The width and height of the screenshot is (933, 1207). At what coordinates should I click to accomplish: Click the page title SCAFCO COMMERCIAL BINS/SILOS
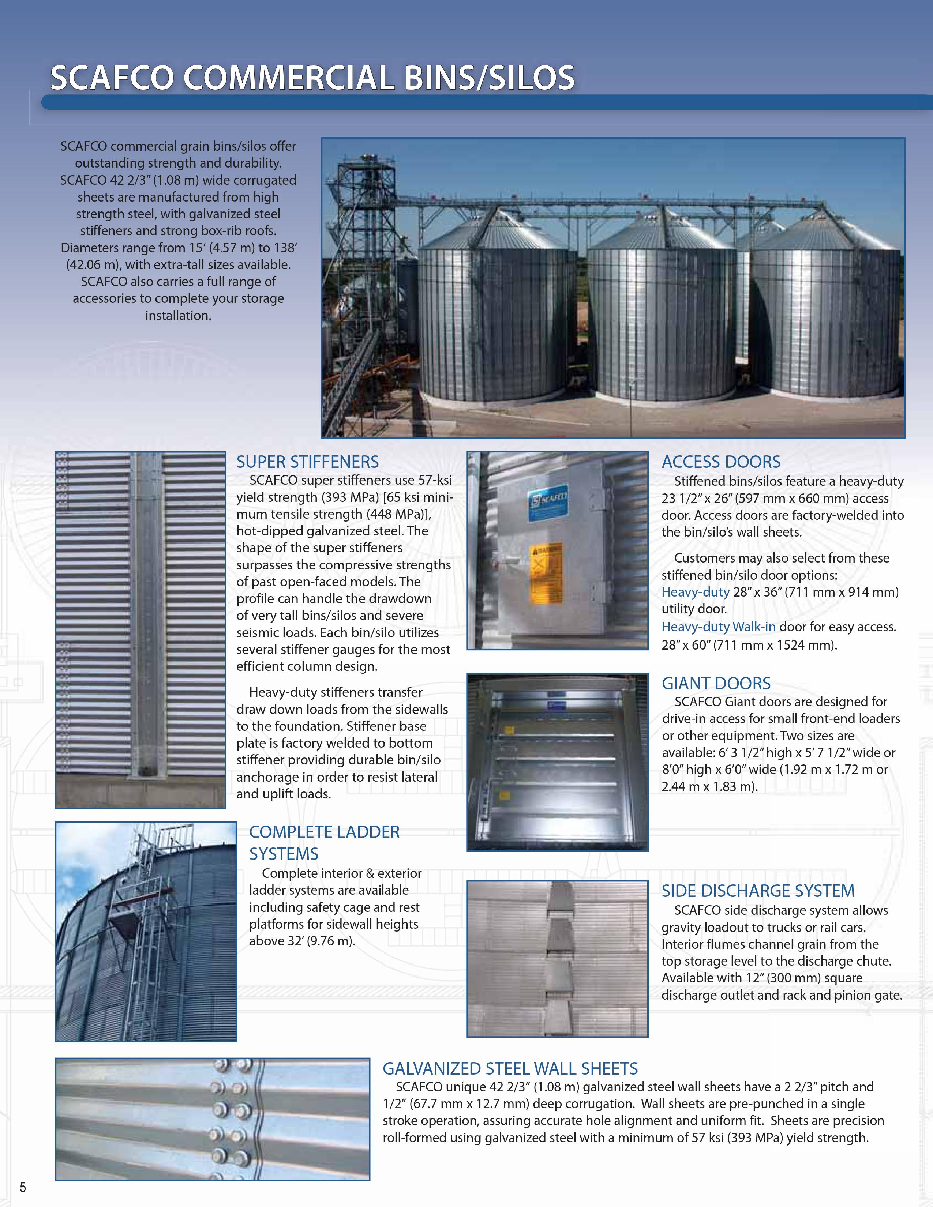click(312, 78)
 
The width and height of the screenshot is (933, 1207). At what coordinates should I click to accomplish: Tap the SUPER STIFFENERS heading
click(307, 462)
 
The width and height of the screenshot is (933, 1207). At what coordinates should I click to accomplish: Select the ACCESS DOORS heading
click(721, 462)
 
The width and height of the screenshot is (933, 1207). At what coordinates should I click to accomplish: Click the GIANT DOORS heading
click(716, 683)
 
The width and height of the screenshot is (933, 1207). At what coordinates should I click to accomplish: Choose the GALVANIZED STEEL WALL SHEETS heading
click(510, 1068)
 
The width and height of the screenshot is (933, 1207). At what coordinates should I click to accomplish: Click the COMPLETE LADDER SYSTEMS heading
click(324, 843)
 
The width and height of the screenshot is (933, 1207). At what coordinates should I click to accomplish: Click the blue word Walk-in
click(753, 627)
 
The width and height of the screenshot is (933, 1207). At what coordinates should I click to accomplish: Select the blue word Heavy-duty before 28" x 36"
click(695, 592)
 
